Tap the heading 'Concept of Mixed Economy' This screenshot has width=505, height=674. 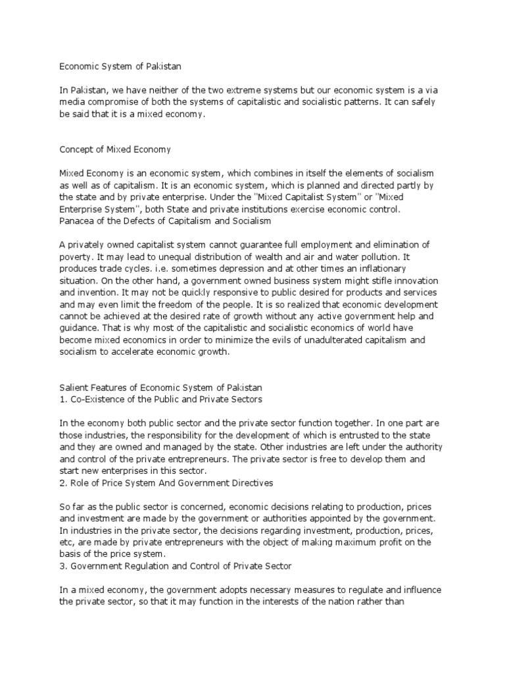point(115,149)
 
